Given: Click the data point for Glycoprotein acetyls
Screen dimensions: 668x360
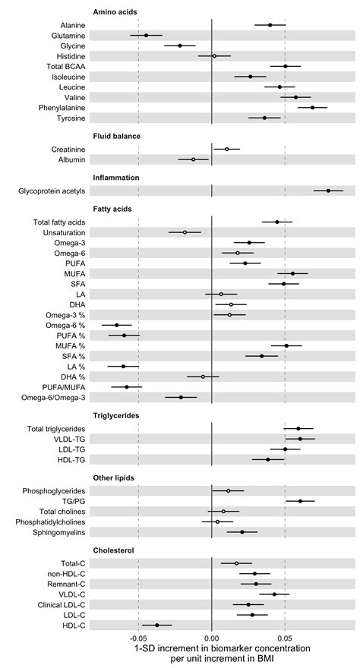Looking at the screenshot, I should pos(328,191).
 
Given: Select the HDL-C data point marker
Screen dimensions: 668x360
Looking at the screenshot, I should pos(157,625).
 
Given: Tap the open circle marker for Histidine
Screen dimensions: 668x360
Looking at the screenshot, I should pos(214,56).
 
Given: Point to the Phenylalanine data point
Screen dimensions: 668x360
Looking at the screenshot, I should pos(312,108).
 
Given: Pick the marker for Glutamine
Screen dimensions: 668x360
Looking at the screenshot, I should pos(146,36).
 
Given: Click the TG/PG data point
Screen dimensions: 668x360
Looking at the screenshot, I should pos(300,501).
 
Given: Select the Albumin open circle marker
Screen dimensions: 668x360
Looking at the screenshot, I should pos(193,159).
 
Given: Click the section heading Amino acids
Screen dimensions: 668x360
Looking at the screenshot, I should pos(115,13).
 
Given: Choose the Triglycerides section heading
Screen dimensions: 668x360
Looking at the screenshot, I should pos(120,416).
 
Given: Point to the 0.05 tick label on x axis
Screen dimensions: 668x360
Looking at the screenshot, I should pos(285,638).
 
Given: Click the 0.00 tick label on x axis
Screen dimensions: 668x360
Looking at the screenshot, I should pos(211,638).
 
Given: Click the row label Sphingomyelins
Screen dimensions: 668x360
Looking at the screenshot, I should pos(54,532).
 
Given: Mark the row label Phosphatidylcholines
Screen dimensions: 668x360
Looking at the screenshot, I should pos(46,521).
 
